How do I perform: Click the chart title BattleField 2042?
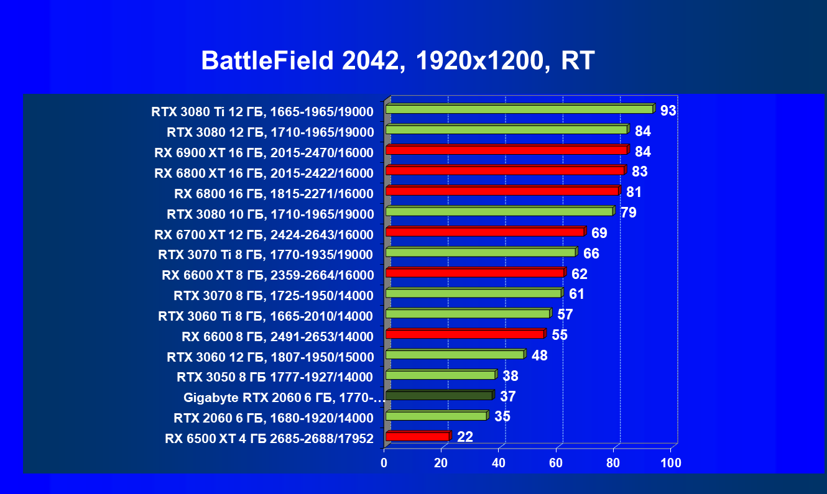coord(398,61)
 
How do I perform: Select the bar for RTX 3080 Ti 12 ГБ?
coord(519,109)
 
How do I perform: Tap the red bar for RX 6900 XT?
coord(506,150)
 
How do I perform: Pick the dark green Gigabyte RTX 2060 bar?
coord(438,395)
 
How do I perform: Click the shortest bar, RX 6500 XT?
coord(417,436)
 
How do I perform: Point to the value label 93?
coord(668,111)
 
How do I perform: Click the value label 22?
coord(464,437)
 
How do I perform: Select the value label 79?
coord(628,213)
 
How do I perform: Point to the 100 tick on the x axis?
coord(671,463)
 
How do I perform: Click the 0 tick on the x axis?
coord(384,463)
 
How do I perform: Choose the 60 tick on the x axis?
coord(555,463)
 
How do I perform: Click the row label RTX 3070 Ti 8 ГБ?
coord(266,254)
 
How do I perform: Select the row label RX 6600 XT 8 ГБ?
coord(267,275)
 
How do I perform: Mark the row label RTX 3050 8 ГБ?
coord(274,377)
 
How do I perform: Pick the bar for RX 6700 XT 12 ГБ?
coord(485,232)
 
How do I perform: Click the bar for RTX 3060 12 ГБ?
coord(455,354)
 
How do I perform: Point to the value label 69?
coord(599,234)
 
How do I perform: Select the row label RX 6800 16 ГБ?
coord(274,193)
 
